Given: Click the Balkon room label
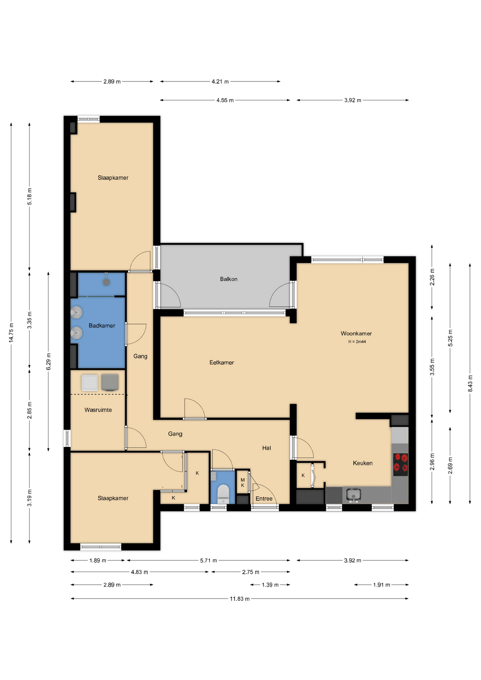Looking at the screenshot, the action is tap(228, 279).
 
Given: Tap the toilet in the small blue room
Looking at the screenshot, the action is tap(223, 493).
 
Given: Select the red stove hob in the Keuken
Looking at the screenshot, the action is tap(400, 464).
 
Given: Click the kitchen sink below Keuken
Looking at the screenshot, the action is tap(353, 495).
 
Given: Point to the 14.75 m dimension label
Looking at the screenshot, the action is tap(11, 333).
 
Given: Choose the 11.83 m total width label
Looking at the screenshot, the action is tap(240, 599).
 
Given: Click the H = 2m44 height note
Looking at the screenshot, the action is tap(357, 342).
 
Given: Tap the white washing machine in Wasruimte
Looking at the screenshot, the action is tap(90, 382).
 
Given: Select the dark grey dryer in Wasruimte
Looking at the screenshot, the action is tap(110, 382).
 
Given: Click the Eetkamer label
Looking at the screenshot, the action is tap(222, 362).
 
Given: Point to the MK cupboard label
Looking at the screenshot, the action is tap(243, 482).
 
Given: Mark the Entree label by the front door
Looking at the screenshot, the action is tap(264, 498).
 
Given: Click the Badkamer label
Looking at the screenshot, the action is tap(102, 325).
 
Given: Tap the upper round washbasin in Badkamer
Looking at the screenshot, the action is tap(77, 312).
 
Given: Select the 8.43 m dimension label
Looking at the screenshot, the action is tap(470, 383).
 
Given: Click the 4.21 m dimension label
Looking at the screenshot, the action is tap(220, 81).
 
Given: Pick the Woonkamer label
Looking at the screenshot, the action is tap(356, 333).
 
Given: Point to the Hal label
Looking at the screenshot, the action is tap(267, 448).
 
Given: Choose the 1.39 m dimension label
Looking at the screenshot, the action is tap(270, 585).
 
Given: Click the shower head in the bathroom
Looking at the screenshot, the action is tap(106, 282).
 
